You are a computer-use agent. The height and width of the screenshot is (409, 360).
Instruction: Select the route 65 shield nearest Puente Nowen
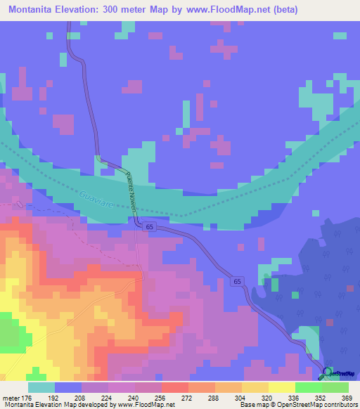click(x=150, y=227)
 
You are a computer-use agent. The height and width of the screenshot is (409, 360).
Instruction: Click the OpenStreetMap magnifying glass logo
click(x=328, y=372)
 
